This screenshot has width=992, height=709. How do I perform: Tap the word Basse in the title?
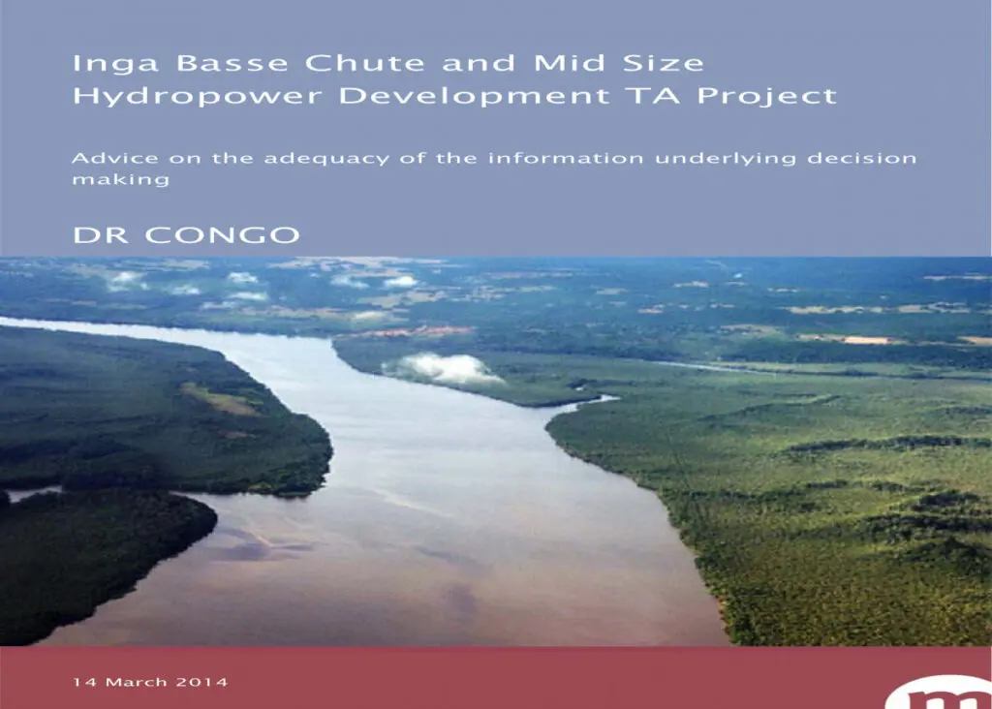(232, 63)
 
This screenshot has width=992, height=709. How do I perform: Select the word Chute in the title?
(364, 63)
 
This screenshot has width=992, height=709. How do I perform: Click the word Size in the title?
(663, 63)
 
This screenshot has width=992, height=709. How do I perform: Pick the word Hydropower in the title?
(198, 97)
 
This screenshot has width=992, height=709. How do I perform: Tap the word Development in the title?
(475, 97)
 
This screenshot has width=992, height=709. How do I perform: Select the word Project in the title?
(767, 97)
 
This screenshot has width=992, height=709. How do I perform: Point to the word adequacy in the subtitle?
(326, 159)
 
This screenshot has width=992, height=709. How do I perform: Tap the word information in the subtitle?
(566, 158)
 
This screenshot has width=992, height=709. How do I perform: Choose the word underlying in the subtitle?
(725, 159)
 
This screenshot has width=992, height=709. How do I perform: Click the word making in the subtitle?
(121, 180)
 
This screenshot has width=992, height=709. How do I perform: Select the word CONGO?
(222, 235)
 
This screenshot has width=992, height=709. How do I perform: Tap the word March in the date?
(136, 682)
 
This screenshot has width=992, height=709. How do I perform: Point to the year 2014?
(201, 682)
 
